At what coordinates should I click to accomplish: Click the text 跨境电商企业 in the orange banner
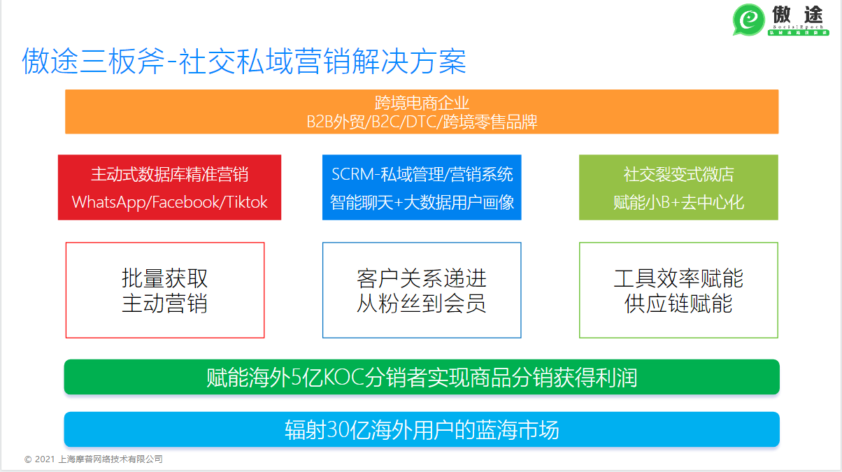tap(422, 103)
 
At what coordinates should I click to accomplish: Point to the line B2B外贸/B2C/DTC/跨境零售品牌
tap(422, 122)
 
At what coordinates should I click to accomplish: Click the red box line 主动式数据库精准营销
tap(169, 174)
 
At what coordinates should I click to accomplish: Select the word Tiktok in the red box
tap(246, 202)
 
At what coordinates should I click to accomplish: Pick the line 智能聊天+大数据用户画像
tap(422, 202)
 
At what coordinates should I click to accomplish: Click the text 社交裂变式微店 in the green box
tap(678, 174)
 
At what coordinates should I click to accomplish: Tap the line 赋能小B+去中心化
tap(678, 202)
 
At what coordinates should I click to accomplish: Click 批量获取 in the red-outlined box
tap(165, 278)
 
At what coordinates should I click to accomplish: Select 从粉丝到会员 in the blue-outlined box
tap(422, 303)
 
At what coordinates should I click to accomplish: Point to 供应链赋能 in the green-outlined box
tap(678, 303)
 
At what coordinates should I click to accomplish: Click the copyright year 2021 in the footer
tap(44, 459)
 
